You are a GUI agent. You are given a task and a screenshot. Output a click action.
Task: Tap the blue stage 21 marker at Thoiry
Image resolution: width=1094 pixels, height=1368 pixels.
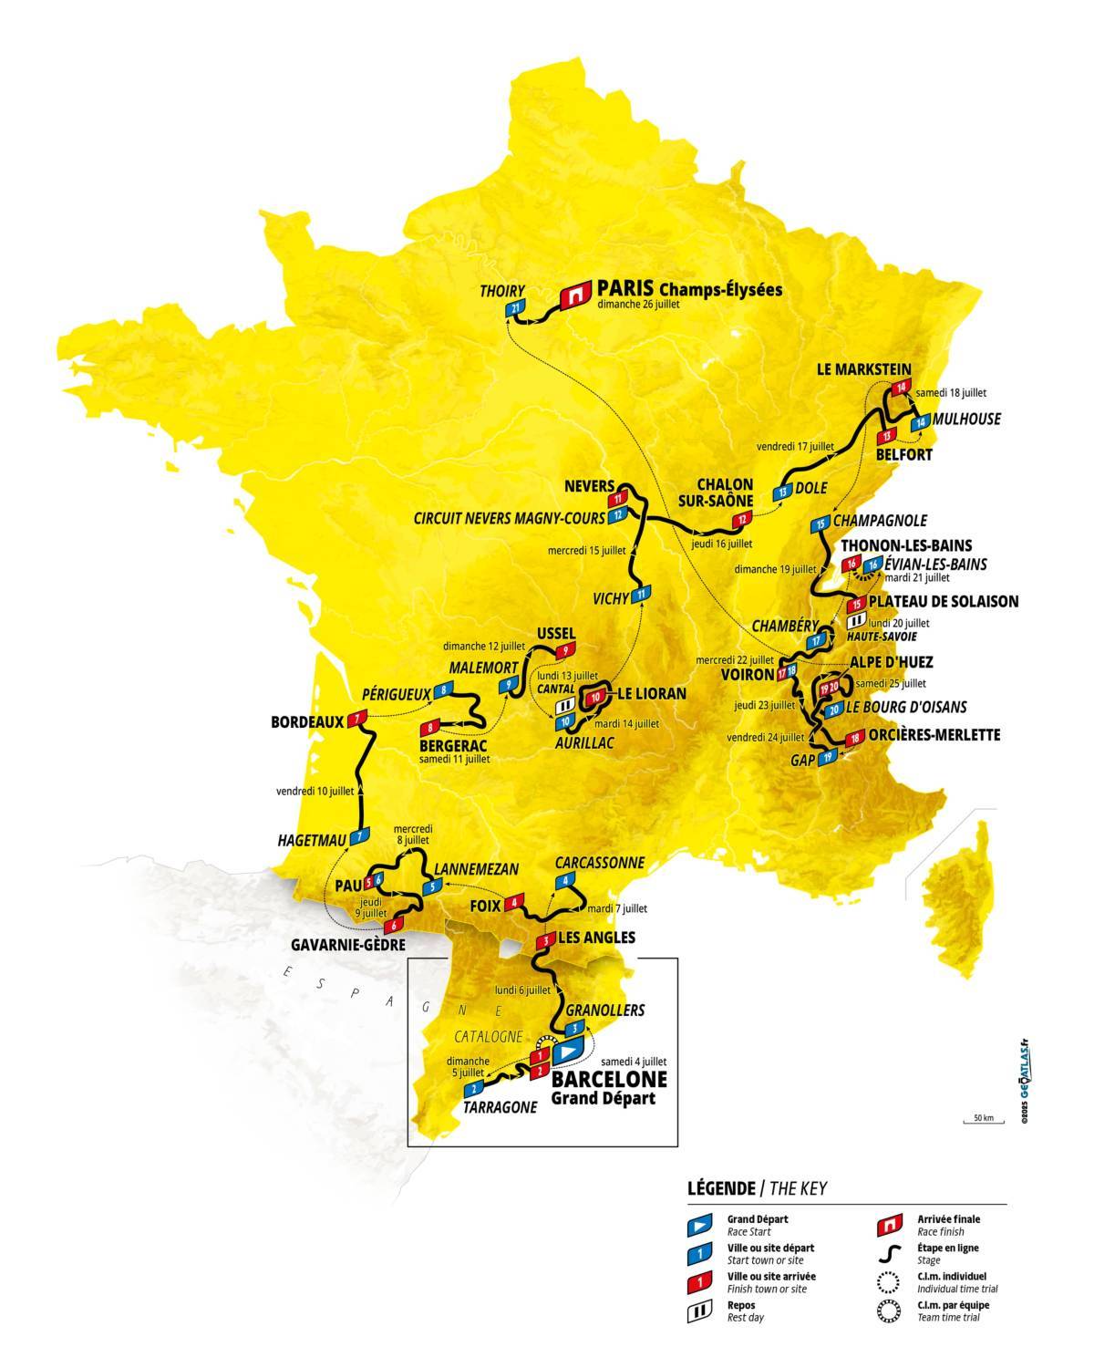(516, 309)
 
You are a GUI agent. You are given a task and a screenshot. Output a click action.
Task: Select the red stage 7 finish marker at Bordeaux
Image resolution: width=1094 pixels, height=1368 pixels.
(356, 720)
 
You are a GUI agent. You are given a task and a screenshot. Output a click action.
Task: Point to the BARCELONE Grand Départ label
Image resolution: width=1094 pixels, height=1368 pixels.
(609, 1086)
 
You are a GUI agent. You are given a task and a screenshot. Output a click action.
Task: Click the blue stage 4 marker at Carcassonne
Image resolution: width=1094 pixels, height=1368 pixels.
(566, 880)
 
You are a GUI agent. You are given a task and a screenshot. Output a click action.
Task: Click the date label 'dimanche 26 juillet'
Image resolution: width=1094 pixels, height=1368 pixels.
(639, 306)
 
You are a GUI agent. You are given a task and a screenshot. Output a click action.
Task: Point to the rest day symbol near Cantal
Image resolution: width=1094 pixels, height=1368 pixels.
(564, 705)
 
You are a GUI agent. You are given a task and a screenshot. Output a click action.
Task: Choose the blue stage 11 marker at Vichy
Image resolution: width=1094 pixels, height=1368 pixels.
(641, 595)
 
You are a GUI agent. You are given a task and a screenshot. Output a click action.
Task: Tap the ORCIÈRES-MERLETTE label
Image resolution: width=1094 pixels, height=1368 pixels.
(935, 734)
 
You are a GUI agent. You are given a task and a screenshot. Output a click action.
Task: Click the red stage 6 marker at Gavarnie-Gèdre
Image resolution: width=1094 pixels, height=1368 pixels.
(392, 926)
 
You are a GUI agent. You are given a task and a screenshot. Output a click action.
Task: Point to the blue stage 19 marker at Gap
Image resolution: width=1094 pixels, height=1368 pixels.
(827, 756)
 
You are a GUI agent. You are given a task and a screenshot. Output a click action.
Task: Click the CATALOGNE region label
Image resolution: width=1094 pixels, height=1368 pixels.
(489, 1037)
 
